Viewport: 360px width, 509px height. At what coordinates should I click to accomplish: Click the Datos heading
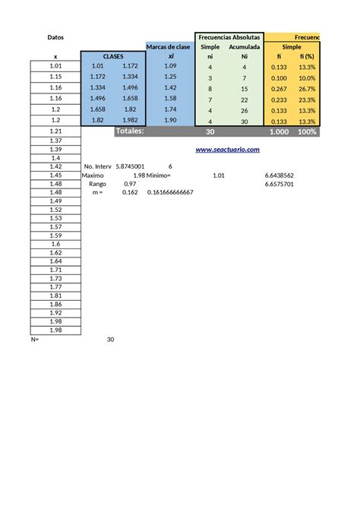[55, 36]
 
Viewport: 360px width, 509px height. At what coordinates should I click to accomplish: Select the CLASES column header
[113, 56]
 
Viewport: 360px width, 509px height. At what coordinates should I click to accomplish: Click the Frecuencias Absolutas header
[229, 36]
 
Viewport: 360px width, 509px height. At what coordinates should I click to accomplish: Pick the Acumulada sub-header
[245, 46]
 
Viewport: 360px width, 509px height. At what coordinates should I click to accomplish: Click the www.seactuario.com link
[228, 150]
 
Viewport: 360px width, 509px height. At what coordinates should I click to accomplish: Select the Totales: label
[129, 131]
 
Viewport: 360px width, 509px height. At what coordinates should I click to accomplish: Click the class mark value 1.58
[170, 99]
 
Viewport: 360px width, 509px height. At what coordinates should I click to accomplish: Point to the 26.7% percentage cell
[307, 88]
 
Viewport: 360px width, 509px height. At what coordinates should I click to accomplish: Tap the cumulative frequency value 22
[245, 99]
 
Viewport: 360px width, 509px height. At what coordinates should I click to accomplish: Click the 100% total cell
[307, 131]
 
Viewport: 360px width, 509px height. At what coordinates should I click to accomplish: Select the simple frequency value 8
[210, 88]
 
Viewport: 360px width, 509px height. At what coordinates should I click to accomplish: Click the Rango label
[98, 184]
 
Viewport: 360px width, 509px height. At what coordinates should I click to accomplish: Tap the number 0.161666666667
[168, 193]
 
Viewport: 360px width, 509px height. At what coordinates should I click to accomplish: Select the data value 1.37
[55, 141]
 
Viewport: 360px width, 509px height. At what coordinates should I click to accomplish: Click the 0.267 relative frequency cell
[279, 88]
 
